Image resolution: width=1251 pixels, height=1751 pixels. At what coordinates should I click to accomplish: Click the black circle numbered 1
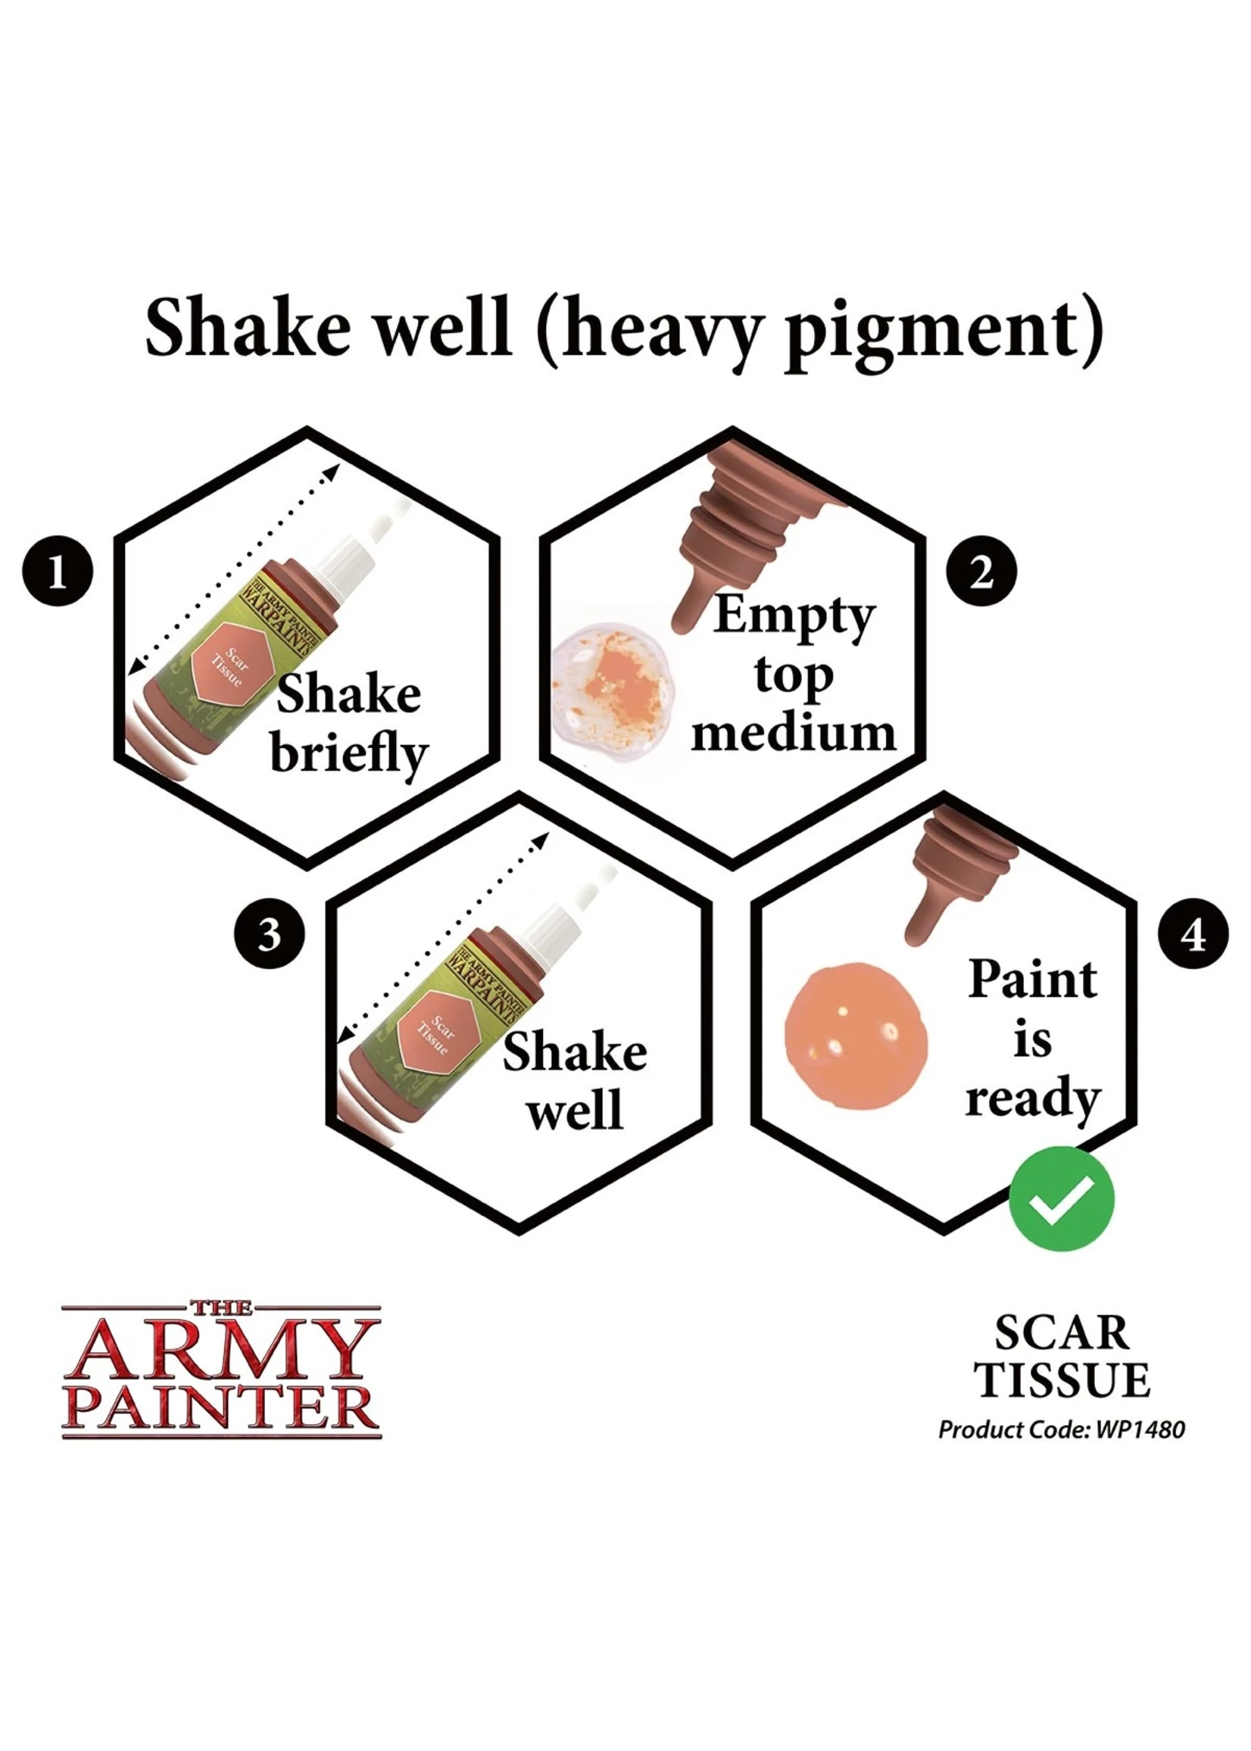[58, 572]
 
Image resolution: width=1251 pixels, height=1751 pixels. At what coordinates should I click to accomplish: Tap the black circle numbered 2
[981, 572]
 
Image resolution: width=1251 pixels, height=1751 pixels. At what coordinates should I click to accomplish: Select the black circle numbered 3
[269, 935]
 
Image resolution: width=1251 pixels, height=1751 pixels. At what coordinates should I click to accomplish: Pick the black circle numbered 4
[1193, 935]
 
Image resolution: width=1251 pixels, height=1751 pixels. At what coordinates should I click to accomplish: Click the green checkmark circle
[1061, 1199]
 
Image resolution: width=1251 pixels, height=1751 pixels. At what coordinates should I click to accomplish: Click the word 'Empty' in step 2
[794, 616]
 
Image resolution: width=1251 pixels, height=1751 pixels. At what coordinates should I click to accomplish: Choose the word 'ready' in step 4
[1032, 1098]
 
